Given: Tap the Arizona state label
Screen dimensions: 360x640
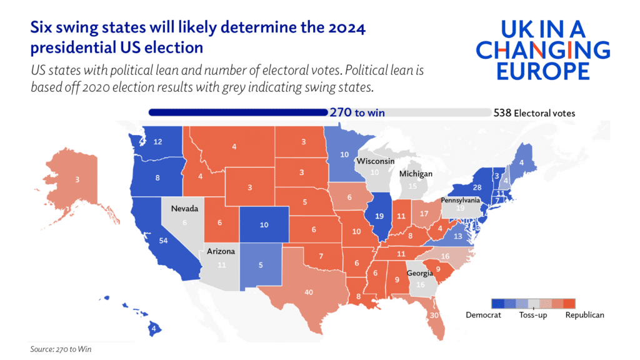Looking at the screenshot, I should [221, 251].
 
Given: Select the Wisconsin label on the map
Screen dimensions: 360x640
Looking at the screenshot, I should [375, 161].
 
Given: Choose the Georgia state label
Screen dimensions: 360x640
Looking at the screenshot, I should [419, 273].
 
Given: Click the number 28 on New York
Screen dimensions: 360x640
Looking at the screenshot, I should [477, 188].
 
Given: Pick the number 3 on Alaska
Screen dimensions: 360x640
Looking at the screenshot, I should [77, 180].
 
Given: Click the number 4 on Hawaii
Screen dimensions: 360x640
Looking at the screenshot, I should [153, 327].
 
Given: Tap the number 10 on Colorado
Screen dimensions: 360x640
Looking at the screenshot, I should [264, 224].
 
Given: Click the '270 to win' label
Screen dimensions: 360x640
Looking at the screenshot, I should [356, 113].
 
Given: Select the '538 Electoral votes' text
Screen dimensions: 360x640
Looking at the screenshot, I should [534, 113].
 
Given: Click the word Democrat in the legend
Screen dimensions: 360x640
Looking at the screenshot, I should [483, 315].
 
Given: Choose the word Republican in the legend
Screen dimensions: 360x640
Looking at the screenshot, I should [584, 315].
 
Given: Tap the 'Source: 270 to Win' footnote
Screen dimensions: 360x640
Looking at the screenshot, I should [61, 349].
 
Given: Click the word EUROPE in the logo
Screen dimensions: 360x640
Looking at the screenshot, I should [542, 70].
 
